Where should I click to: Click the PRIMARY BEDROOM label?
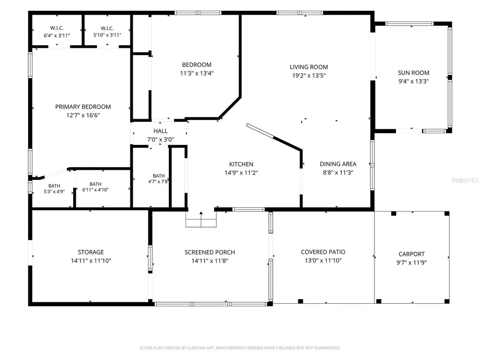83,107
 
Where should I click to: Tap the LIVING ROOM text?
309,67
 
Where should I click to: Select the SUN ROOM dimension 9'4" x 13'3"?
413,82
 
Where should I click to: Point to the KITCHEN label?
241,164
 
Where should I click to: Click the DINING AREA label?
338,164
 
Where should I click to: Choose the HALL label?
160,131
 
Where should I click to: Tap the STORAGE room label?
90,252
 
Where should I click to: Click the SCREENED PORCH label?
210,252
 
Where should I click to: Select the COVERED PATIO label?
323,252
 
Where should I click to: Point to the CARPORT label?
412,254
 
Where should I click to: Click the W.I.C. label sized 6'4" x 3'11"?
57,28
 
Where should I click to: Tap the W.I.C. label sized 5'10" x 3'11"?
107,28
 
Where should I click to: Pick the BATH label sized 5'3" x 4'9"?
54,186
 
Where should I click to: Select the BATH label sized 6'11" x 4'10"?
95,184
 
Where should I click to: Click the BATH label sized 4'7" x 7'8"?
158,176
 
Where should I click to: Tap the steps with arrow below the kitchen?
201,219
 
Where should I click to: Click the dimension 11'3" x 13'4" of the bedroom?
196,74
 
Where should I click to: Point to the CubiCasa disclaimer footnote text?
240,348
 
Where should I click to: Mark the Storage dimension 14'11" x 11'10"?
90,261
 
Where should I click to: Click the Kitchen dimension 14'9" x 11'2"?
241,172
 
